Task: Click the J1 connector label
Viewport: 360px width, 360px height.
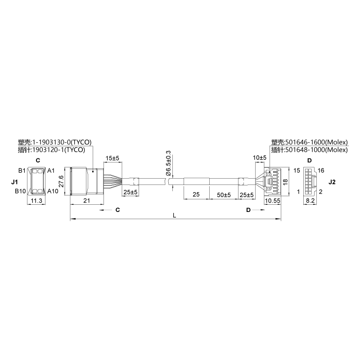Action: [14, 182]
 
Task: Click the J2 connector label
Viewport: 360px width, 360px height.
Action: [332, 182]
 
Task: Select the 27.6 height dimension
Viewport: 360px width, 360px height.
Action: [62, 182]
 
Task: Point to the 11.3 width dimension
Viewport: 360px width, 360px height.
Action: [36, 201]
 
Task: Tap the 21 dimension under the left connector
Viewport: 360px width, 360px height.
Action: [86, 201]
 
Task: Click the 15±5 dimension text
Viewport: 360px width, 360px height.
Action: [112, 158]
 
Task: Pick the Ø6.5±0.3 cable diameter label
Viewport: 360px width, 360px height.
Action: [168, 163]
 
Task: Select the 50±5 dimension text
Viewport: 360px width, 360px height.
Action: [224, 195]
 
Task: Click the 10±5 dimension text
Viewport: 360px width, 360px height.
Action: [260, 158]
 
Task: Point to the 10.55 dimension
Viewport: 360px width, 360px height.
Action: [273, 201]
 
